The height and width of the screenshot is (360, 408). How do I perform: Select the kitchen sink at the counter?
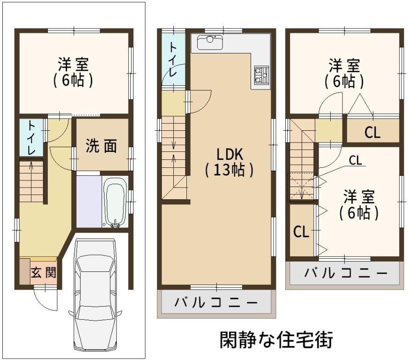(x=210, y=42)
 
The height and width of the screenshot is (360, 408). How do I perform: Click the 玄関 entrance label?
(x=44, y=273)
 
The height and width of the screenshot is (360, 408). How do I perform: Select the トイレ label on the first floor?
(x=31, y=137)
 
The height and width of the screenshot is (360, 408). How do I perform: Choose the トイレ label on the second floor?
(x=173, y=60)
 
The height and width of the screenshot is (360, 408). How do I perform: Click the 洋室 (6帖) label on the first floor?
(x=74, y=73)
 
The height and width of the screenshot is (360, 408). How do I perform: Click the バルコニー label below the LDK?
(x=216, y=303)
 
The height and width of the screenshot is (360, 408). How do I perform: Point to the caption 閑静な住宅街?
(x=276, y=340)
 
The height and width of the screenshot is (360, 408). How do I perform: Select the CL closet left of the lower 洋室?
(x=301, y=232)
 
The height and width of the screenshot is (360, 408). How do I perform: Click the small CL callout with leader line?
(x=356, y=160)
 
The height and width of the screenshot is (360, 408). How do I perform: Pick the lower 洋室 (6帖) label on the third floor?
(x=359, y=205)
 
